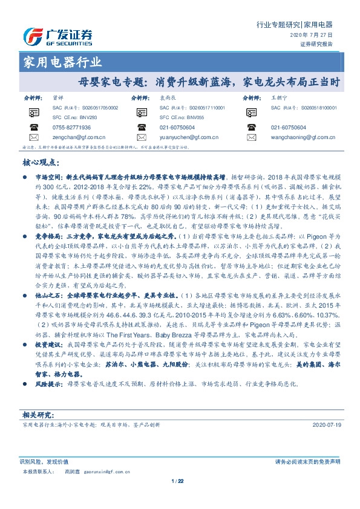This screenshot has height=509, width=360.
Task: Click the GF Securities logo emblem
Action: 31,37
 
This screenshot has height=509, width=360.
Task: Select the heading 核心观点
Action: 41,163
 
